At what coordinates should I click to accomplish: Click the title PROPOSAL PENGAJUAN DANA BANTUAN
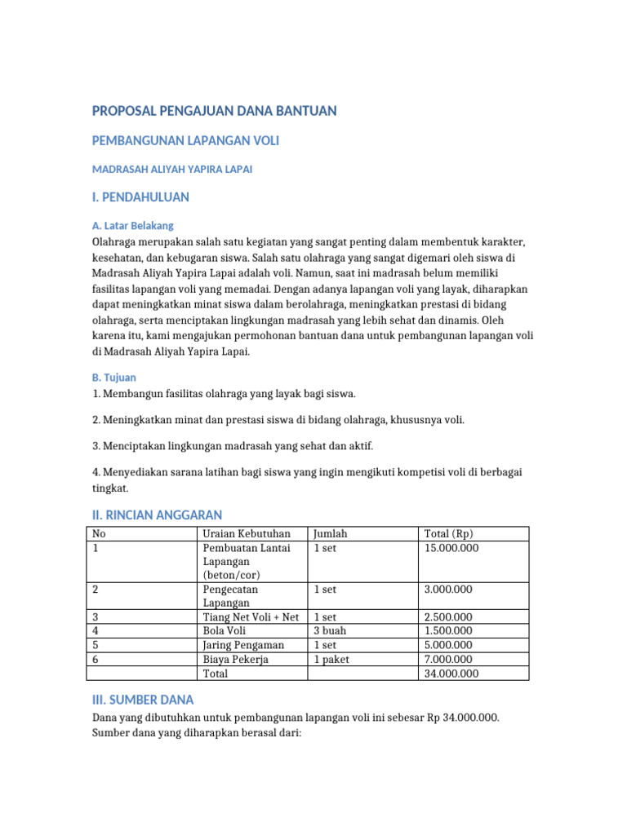point(214,111)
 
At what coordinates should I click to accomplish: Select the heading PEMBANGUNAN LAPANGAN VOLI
point(185,141)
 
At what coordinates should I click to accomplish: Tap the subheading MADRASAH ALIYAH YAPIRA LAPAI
point(172,170)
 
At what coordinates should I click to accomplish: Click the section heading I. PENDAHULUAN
point(140,197)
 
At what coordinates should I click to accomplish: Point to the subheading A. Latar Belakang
point(132,225)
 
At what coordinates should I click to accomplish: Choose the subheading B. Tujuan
point(114,378)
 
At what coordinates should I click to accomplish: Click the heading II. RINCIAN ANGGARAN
point(157,515)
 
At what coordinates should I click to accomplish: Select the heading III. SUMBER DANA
point(143,700)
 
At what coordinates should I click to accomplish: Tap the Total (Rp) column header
point(448,534)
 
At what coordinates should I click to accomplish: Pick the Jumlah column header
point(331,534)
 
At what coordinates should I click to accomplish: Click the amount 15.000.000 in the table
point(451,548)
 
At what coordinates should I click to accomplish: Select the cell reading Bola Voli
point(225,631)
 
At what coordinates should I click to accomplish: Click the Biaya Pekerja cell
point(235,659)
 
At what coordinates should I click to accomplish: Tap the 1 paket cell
point(335,659)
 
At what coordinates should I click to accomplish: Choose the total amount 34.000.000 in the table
point(451,674)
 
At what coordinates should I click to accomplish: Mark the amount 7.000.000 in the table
point(448,659)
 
